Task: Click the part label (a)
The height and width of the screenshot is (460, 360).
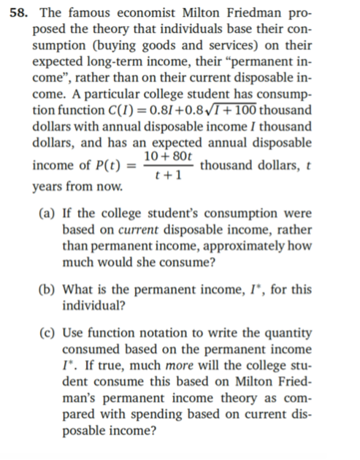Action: pyautogui.click(x=47, y=213)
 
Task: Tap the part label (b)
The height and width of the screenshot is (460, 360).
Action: pyautogui.click(x=47, y=290)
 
